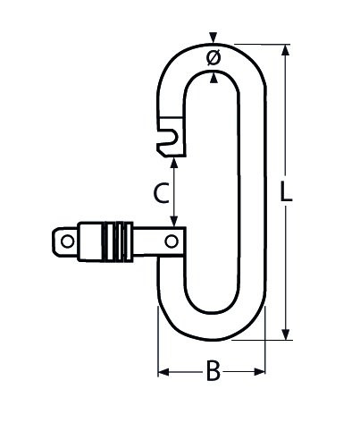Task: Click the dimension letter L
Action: pos(286,191)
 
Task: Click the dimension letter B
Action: pos(213,370)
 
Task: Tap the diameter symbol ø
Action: pos(213,57)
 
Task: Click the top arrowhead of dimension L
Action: pos(286,50)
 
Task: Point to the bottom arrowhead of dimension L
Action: pos(286,334)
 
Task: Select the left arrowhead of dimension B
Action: pos(163,372)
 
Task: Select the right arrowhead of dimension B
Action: pos(259,372)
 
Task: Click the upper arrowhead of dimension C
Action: pos(174,162)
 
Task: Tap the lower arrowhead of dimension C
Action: pos(174,221)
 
